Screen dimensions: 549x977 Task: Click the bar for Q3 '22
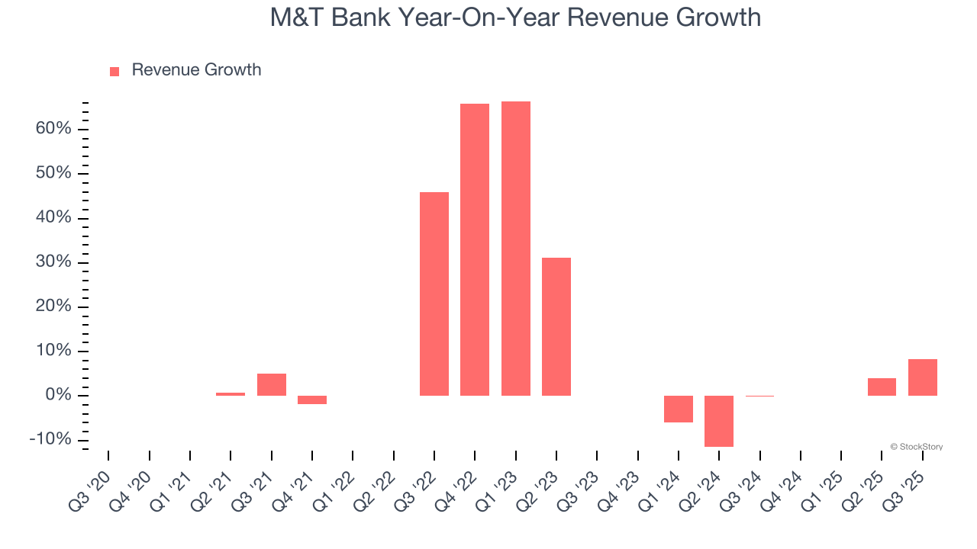pos(434,294)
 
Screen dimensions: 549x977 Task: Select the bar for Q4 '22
pos(475,249)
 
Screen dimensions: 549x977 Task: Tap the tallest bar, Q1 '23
pos(516,249)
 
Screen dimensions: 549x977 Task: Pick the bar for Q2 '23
pos(556,326)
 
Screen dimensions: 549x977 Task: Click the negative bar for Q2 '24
pos(719,421)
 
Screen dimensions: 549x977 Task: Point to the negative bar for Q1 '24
pos(679,409)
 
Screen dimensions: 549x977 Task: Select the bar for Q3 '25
pos(923,377)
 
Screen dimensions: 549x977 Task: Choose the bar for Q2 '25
pos(882,387)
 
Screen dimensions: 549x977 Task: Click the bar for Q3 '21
pos(272,385)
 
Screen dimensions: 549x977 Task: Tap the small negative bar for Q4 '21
pos(312,400)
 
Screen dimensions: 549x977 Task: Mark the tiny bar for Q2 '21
pos(231,394)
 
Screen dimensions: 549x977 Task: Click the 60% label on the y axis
pos(53,129)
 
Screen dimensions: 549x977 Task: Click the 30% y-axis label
pos(53,262)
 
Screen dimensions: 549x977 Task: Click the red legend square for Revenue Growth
pos(114,72)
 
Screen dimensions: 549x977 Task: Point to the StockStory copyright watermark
pos(916,447)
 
